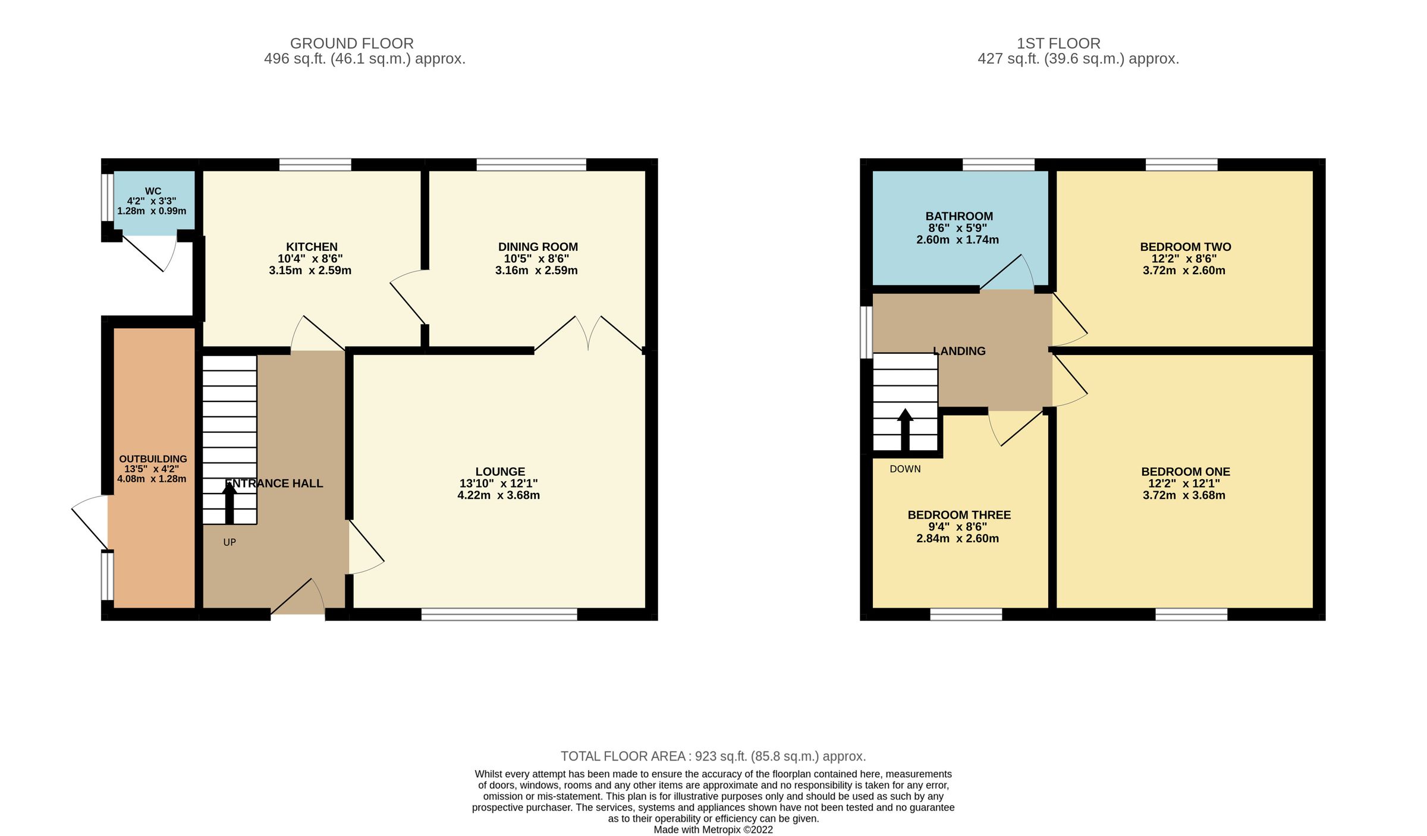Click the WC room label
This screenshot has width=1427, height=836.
click(153, 191)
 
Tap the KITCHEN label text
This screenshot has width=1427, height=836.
click(312, 247)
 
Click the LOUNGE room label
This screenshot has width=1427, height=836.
click(500, 472)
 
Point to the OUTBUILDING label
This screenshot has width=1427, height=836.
click(153, 459)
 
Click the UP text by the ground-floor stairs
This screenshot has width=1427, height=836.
click(230, 542)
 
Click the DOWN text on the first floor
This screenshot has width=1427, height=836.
click(905, 469)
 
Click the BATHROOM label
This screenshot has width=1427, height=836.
click(959, 216)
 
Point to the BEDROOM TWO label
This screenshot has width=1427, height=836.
click(1185, 247)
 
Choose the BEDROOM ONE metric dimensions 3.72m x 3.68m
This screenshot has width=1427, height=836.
click(1184, 495)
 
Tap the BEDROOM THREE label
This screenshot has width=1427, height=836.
click(959, 515)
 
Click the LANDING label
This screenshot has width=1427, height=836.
click(959, 351)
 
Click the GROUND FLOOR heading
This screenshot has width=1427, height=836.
click(352, 43)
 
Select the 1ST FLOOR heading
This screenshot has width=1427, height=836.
click(1058, 43)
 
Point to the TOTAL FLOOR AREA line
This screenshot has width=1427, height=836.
click(713, 756)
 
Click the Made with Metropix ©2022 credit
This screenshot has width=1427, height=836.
click(713, 829)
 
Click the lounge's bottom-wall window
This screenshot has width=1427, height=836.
click(499, 614)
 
